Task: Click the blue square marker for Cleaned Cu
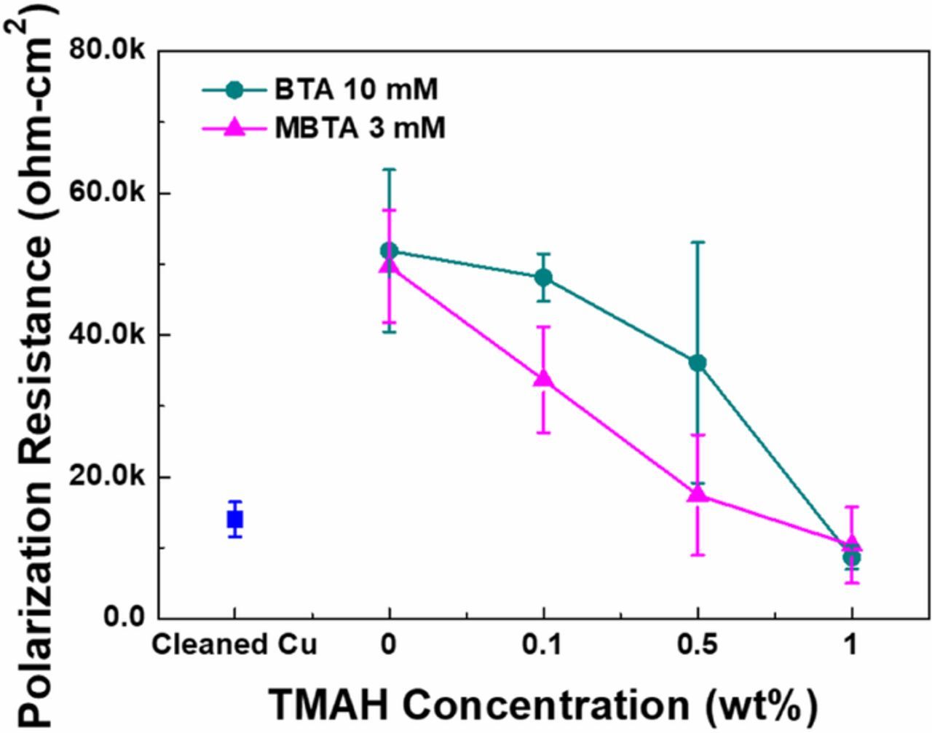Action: tap(234, 520)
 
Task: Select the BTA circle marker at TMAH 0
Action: tap(389, 251)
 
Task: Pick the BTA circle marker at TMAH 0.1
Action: tap(543, 278)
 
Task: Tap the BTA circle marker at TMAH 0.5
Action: tap(698, 363)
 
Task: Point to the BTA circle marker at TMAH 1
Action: tap(852, 557)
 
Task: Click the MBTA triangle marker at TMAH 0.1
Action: tap(543, 379)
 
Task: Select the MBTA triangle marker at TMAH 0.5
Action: tap(698, 494)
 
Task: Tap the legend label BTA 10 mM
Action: tap(356, 90)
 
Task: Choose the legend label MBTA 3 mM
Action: tap(360, 128)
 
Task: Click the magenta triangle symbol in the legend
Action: tap(234, 128)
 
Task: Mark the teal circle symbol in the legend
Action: tap(234, 90)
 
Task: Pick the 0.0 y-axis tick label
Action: tap(125, 617)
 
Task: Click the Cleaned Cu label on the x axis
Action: tap(234, 646)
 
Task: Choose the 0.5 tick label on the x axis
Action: tap(698, 646)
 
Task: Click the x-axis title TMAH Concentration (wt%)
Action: tap(543, 705)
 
